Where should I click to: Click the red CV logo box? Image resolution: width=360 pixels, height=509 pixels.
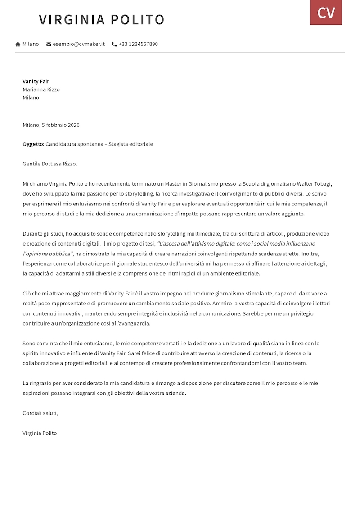click(326, 12)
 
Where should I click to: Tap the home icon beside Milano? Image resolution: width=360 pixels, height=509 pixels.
click(18, 44)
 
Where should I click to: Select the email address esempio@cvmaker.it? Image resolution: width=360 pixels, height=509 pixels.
click(79, 44)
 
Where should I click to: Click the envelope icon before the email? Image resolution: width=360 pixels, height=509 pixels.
click(49, 44)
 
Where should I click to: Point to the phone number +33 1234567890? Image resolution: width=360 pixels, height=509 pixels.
click(138, 44)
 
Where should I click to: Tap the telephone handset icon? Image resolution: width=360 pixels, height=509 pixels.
click(114, 44)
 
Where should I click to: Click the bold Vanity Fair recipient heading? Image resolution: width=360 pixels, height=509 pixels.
click(36, 81)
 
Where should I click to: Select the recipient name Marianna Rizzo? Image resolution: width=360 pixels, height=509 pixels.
click(41, 89)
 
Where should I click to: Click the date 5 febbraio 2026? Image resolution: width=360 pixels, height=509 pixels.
click(60, 125)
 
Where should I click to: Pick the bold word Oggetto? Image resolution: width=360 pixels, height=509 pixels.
click(33, 144)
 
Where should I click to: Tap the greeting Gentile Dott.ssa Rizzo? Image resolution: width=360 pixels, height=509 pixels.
click(49, 164)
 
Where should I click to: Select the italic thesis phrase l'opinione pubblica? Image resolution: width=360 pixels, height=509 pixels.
click(47, 254)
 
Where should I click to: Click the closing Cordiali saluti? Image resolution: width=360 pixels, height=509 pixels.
click(40, 413)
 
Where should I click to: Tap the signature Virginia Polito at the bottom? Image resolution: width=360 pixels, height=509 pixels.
click(40, 433)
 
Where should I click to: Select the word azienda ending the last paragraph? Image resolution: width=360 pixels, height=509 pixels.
click(175, 393)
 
